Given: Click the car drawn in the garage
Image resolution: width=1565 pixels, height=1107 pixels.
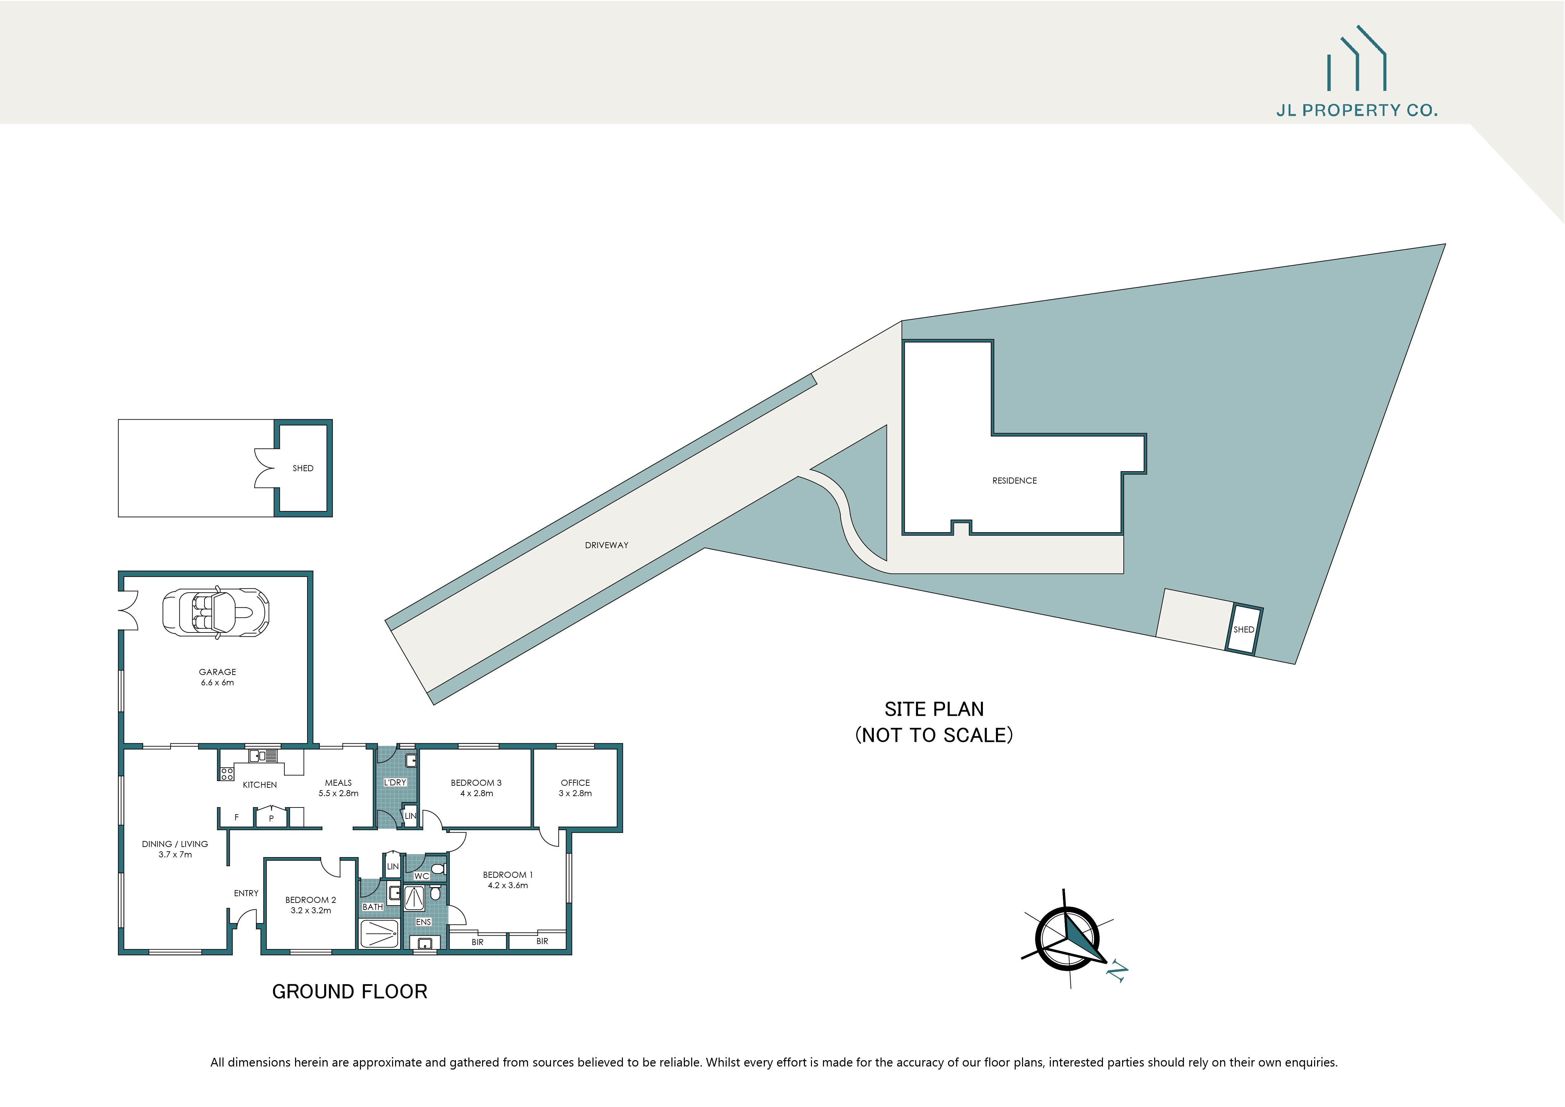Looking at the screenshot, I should [215, 612].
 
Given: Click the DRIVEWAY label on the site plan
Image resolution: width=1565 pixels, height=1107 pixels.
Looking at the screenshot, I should [606, 545].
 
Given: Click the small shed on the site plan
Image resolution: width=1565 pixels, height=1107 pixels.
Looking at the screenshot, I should [1243, 629].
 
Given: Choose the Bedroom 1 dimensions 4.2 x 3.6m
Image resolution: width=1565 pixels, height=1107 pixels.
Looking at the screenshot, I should [508, 885].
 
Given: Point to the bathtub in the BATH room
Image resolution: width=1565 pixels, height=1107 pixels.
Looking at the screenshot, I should [378, 933].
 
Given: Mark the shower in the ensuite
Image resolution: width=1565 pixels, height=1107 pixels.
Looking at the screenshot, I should [414, 899].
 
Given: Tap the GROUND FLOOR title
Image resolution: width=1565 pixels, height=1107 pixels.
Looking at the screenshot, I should [350, 992].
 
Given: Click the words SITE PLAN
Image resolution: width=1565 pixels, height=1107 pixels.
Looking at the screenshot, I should [934, 709].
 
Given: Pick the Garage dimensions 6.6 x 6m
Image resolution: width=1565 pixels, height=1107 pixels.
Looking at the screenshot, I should [217, 682].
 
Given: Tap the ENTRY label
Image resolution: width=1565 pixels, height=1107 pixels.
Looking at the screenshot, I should [246, 893].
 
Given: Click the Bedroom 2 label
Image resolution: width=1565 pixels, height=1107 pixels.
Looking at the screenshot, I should [310, 900].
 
